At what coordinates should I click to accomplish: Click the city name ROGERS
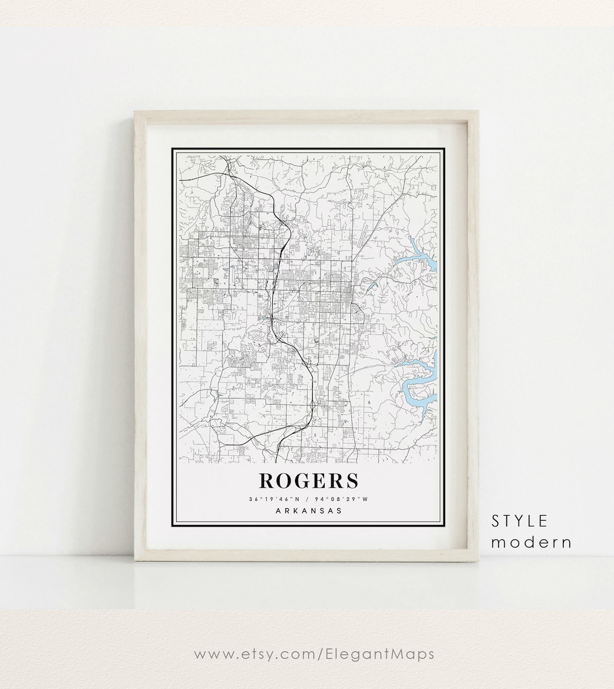point(309,480)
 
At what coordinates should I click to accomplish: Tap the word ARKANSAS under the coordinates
point(309,510)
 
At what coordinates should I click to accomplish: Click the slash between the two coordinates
point(307,500)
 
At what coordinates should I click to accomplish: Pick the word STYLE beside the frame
point(520,521)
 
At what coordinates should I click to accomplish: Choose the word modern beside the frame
point(532,542)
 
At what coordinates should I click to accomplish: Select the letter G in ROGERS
point(305,480)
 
